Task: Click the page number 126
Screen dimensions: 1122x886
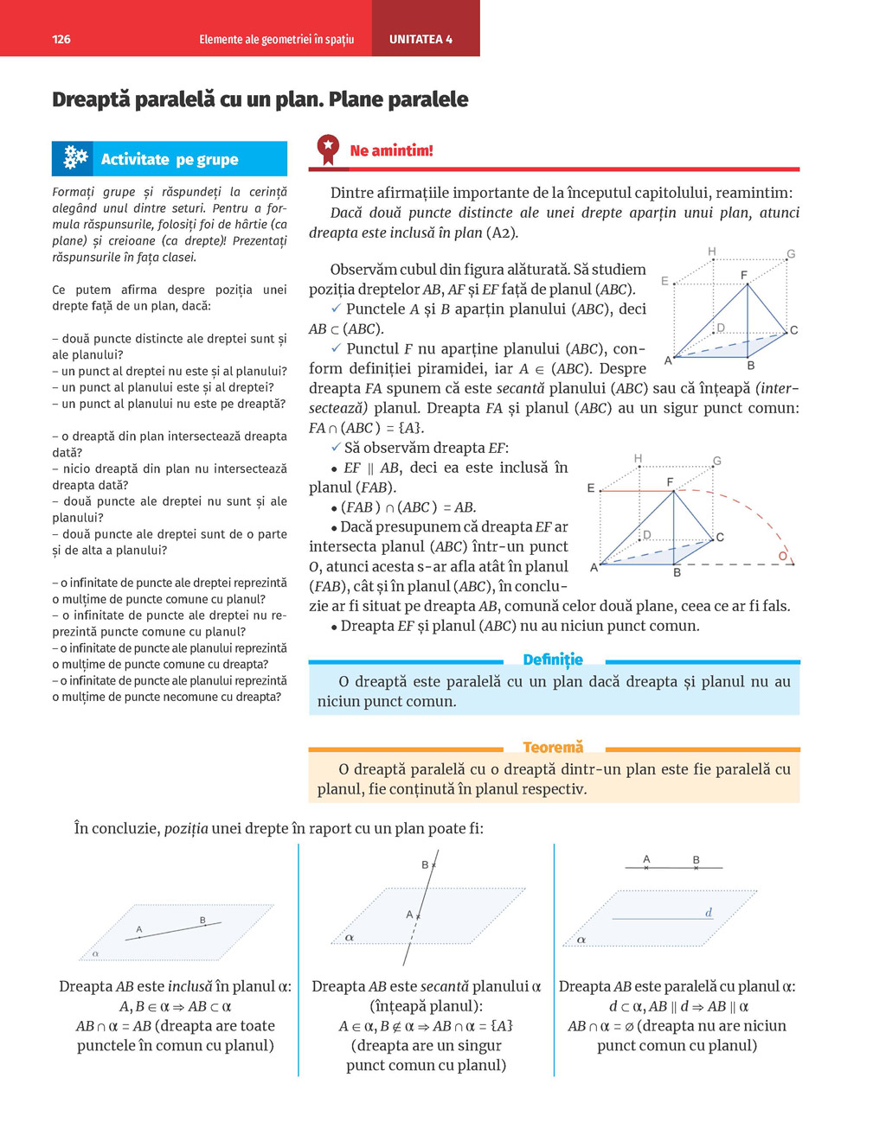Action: [61, 39]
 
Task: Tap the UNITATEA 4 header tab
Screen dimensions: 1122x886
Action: [421, 39]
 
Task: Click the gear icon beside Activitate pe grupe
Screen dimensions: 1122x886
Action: [75, 157]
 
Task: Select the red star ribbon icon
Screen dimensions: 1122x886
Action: [328, 148]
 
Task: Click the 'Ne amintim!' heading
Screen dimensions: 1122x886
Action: [391, 150]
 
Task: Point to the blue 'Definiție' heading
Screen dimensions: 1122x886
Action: [553, 660]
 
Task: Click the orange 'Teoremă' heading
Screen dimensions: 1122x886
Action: [553, 747]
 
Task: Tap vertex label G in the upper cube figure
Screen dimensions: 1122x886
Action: [790, 254]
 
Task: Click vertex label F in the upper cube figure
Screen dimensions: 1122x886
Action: [744, 275]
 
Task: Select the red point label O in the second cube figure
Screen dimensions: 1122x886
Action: [782, 556]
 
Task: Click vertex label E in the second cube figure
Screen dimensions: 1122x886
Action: [591, 488]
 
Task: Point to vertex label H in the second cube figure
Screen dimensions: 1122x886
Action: [638, 458]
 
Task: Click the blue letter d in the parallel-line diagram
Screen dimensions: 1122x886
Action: [709, 912]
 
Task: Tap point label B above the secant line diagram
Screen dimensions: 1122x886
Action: [425, 864]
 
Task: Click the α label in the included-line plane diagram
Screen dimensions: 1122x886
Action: [95, 953]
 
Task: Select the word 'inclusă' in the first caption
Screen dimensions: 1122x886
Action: [189, 986]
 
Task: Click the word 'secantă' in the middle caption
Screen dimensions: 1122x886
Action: [443, 986]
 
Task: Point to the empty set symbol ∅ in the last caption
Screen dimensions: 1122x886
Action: [629, 1026]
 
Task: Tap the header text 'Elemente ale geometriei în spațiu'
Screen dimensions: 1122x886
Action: [276, 39]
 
